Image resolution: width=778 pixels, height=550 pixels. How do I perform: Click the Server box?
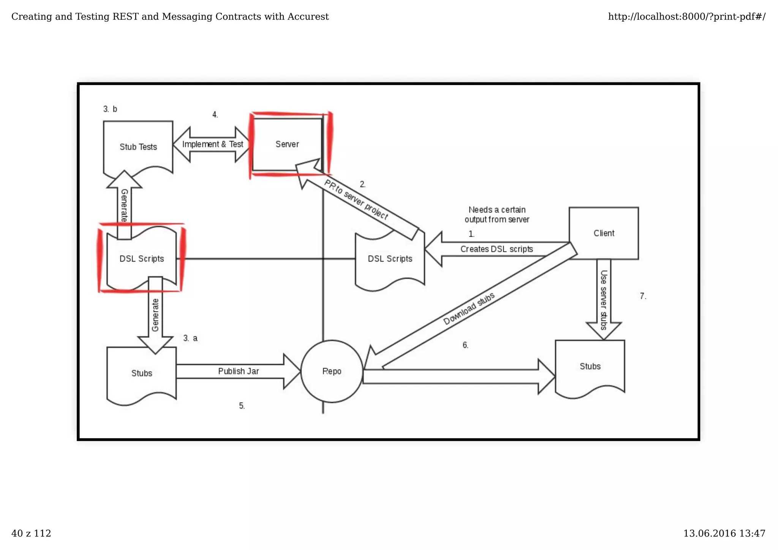287,144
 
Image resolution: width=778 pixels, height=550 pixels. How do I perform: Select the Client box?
604,233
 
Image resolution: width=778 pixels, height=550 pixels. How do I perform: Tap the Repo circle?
332,371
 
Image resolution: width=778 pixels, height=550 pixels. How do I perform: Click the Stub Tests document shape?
138,147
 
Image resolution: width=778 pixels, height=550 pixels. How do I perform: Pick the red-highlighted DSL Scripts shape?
142,259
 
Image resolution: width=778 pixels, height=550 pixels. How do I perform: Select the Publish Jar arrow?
239,371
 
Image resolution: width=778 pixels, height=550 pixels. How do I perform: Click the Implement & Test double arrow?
212,144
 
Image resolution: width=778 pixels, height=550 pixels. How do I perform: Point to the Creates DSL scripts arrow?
496,249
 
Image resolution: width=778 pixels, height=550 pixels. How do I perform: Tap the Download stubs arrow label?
469,309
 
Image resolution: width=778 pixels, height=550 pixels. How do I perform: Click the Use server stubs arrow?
604,300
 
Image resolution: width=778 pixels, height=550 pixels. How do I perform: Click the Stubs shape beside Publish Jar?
142,373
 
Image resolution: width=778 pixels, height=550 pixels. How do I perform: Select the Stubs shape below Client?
590,367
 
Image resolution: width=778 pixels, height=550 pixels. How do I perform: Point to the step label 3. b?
110,109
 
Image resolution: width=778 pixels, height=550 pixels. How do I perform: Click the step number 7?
643,296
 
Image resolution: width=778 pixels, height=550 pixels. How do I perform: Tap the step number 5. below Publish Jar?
242,406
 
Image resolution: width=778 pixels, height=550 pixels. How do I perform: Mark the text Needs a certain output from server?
497,215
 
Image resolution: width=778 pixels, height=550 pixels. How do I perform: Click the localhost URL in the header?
686,17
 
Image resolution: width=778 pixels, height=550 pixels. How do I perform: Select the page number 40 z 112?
31,534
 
